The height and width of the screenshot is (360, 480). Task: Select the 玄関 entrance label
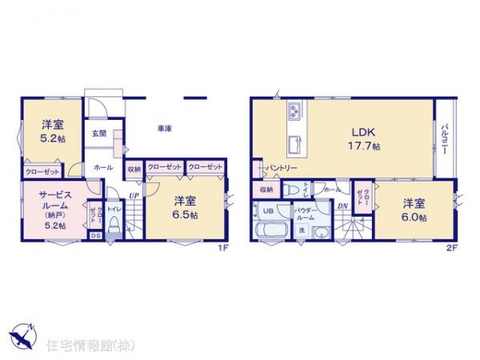(x=98, y=133)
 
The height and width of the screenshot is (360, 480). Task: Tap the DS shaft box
(x=95, y=235)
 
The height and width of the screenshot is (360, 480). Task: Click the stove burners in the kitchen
(x=292, y=109)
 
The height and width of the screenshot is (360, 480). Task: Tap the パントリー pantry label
(x=282, y=168)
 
